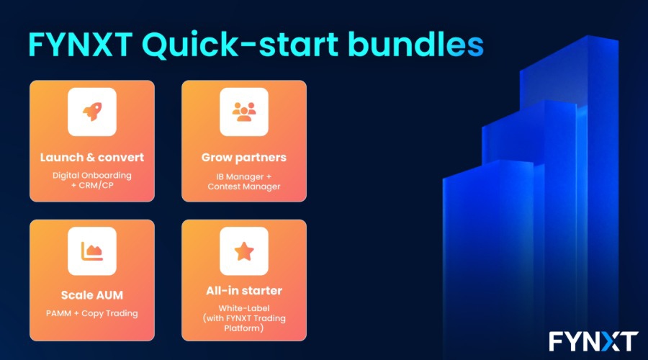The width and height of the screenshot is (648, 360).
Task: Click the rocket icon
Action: (92, 112)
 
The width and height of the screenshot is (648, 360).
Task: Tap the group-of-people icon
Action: (244, 112)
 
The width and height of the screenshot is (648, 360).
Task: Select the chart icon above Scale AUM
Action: (91, 251)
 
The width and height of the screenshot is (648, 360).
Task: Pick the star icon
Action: (244, 251)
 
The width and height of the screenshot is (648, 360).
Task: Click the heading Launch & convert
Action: (92, 158)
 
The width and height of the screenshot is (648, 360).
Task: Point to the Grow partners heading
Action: (244, 158)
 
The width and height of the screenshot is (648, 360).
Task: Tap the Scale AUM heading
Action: (92, 295)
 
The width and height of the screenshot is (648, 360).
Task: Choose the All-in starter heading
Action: (244, 291)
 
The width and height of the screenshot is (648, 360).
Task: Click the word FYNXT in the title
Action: (81, 45)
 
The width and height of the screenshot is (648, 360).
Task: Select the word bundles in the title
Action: (415, 44)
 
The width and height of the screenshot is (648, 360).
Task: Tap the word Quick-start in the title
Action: (240, 45)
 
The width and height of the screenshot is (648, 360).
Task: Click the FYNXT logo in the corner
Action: (593, 341)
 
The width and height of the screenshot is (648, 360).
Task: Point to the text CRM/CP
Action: (96, 186)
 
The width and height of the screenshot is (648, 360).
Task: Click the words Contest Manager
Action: (244, 186)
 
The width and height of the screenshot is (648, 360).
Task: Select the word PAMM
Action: (59, 313)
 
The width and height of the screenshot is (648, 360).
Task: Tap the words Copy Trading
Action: (109, 314)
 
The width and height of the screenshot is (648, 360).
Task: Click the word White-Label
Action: (244, 308)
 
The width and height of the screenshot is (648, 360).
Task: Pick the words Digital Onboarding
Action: (91, 176)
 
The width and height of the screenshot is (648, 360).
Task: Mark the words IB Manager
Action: (240, 177)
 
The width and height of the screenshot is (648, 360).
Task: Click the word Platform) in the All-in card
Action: (244, 328)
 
